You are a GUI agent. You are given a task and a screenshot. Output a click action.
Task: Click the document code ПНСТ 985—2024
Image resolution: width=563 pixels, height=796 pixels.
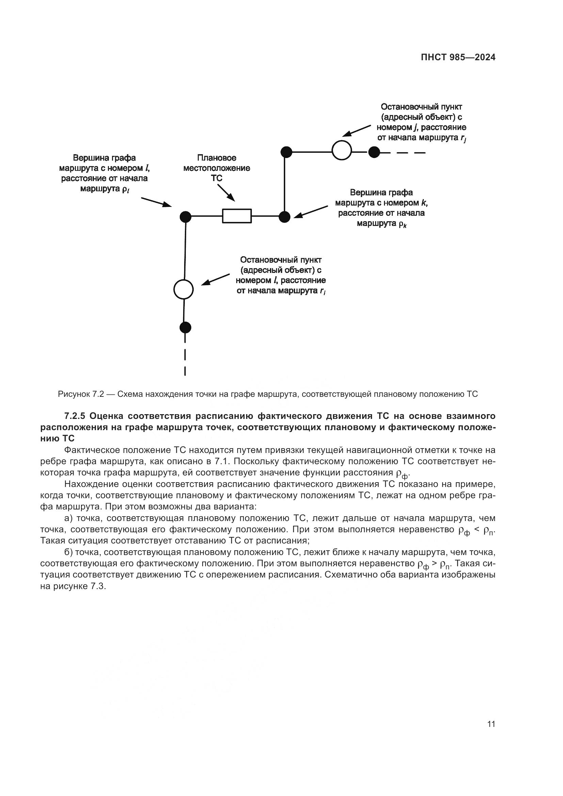pyautogui.click(x=458, y=58)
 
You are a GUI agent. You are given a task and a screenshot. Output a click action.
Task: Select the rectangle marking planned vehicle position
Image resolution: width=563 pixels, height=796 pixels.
pyautogui.click(x=237, y=216)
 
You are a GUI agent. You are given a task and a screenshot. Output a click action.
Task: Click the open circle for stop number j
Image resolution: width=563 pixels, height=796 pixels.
pyautogui.click(x=342, y=150)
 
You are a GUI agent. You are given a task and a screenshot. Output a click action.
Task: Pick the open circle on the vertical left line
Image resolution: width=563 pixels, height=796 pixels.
pyautogui.click(x=183, y=289)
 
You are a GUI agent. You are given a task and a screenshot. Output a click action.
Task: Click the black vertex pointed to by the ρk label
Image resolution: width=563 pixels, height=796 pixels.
pyautogui.click(x=285, y=217)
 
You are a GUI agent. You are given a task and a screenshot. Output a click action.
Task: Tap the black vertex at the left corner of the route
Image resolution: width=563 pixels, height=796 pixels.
pyautogui.click(x=186, y=217)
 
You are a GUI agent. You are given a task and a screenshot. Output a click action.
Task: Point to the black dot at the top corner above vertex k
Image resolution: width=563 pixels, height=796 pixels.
pyautogui.click(x=286, y=152)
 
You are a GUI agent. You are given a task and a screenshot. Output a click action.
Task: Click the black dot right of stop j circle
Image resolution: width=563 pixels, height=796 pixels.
pyautogui.click(x=374, y=152)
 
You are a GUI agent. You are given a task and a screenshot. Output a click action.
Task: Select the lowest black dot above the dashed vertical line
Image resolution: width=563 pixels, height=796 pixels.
pyautogui.click(x=186, y=327)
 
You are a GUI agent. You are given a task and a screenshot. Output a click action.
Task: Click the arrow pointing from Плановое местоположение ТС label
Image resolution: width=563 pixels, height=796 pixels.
pyautogui.click(x=226, y=192)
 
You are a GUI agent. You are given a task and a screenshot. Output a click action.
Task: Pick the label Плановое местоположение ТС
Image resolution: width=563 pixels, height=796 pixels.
pyautogui.click(x=217, y=168)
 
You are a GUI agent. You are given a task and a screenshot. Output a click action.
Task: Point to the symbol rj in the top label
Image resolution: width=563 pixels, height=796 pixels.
pyautogui.click(x=463, y=138)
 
